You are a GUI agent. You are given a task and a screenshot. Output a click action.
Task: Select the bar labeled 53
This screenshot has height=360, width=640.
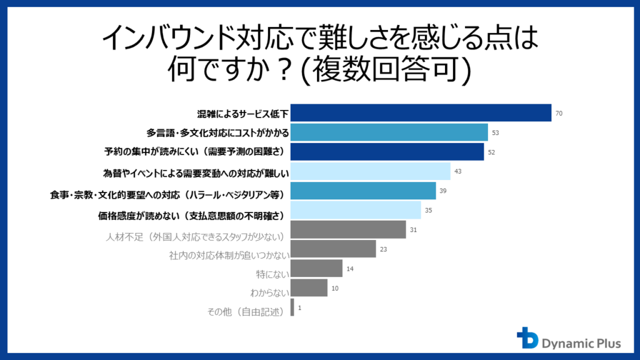tap(389, 132)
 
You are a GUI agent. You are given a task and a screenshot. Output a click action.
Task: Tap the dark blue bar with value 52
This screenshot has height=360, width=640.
tap(387, 152)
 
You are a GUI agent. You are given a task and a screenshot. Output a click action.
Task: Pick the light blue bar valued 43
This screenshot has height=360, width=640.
tap(371, 171)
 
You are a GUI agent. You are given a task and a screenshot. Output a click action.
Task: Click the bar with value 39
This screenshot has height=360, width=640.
tap(363, 191)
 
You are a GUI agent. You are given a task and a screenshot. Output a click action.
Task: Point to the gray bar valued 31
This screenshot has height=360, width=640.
tap(348, 229)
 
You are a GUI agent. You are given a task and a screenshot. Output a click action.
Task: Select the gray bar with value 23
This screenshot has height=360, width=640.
tap(333, 249)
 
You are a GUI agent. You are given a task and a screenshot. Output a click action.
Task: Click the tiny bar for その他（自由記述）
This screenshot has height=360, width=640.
tap(292, 307)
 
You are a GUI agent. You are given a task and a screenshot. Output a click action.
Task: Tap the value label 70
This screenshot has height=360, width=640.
tap(559, 114)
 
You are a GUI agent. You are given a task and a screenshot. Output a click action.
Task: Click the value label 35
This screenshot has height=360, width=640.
tap(428, 211)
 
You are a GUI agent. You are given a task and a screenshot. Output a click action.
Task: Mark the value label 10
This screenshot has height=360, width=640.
tap(335, 289)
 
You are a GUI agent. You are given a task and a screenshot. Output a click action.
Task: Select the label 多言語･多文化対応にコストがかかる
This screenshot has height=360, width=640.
tap(217, 133)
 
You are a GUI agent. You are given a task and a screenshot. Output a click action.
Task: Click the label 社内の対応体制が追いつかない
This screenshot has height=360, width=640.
tap(229, 255)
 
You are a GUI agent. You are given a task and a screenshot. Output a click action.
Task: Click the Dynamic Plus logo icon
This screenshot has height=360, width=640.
tap(527, 338)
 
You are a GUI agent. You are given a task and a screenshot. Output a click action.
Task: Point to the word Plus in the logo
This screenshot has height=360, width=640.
tap(606, 343)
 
